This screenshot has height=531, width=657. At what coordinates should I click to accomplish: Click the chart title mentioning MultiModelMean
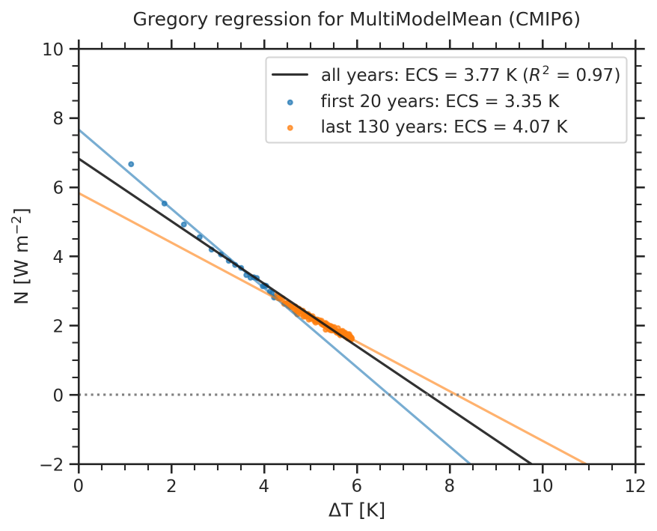tap(356, 19)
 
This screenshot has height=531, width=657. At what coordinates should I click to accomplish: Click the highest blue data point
tap(131, 163)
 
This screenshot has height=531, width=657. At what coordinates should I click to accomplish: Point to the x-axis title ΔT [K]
tap(356, 512)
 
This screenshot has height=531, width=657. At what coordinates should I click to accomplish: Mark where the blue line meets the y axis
tap(79, 130)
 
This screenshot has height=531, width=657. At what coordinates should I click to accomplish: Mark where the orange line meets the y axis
tap(79, 193)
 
